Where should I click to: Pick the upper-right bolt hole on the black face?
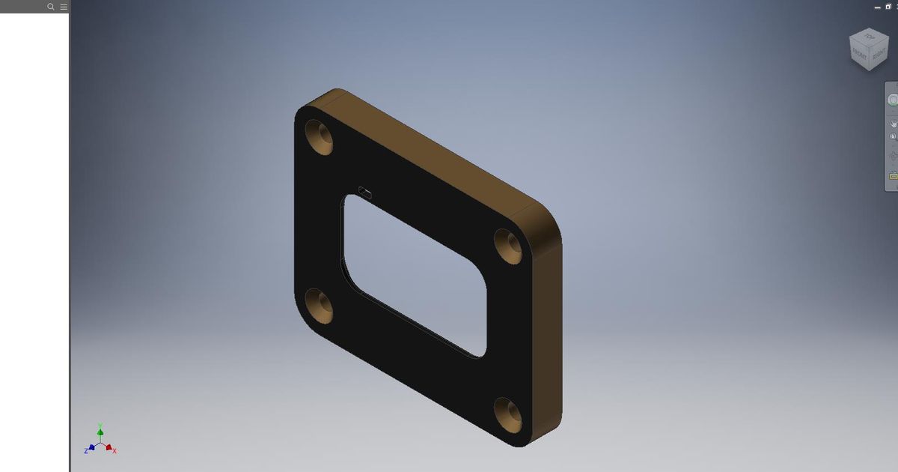[510, 246]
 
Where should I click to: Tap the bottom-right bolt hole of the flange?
[510, 414]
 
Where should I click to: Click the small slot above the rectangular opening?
[365, 193]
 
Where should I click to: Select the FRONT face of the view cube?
[859, 55]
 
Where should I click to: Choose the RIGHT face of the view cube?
[879, 54]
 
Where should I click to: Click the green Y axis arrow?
[100, 431]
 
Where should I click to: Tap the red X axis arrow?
[109, 448]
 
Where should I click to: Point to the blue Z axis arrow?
[91, 448]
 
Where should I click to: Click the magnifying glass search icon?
[51, 7]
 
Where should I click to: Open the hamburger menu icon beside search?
[63, 7]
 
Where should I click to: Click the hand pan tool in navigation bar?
[893, 123]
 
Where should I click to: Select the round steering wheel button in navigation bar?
[893, 100]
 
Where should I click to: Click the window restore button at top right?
[888, 6]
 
